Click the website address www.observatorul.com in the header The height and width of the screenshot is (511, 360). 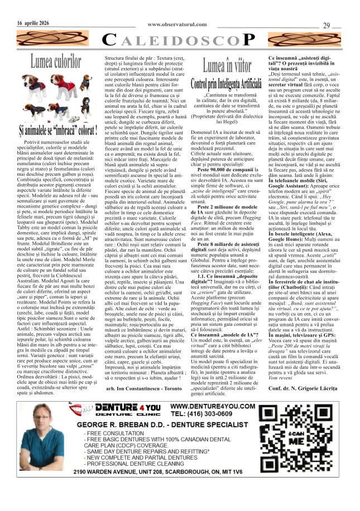177,24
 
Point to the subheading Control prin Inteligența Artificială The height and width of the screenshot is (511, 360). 226,86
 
